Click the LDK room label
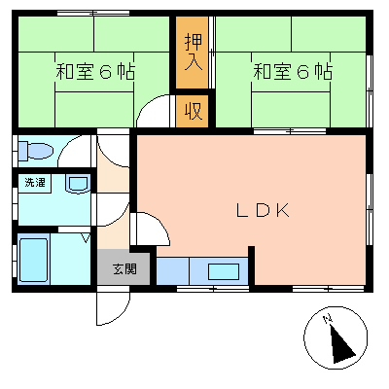[263, 210]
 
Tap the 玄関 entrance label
[124, 268]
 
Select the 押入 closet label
[194, 52]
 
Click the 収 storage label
[194, 111]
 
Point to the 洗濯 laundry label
[35, 183]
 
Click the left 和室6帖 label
[95, 72]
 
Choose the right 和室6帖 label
[293, 72]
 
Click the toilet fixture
[35, 151]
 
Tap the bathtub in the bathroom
[33, 260]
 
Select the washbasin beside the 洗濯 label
[78, 184]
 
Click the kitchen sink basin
[224, 271]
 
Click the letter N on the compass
[328, 319]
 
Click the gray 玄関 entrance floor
[124, 267]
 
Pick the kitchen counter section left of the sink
[173, 271]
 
